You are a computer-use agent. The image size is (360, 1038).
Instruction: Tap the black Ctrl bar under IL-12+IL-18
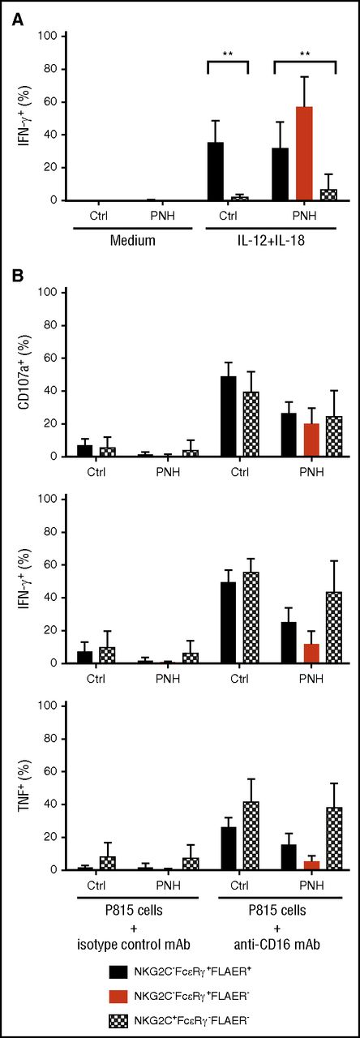click(x=216, y=171)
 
